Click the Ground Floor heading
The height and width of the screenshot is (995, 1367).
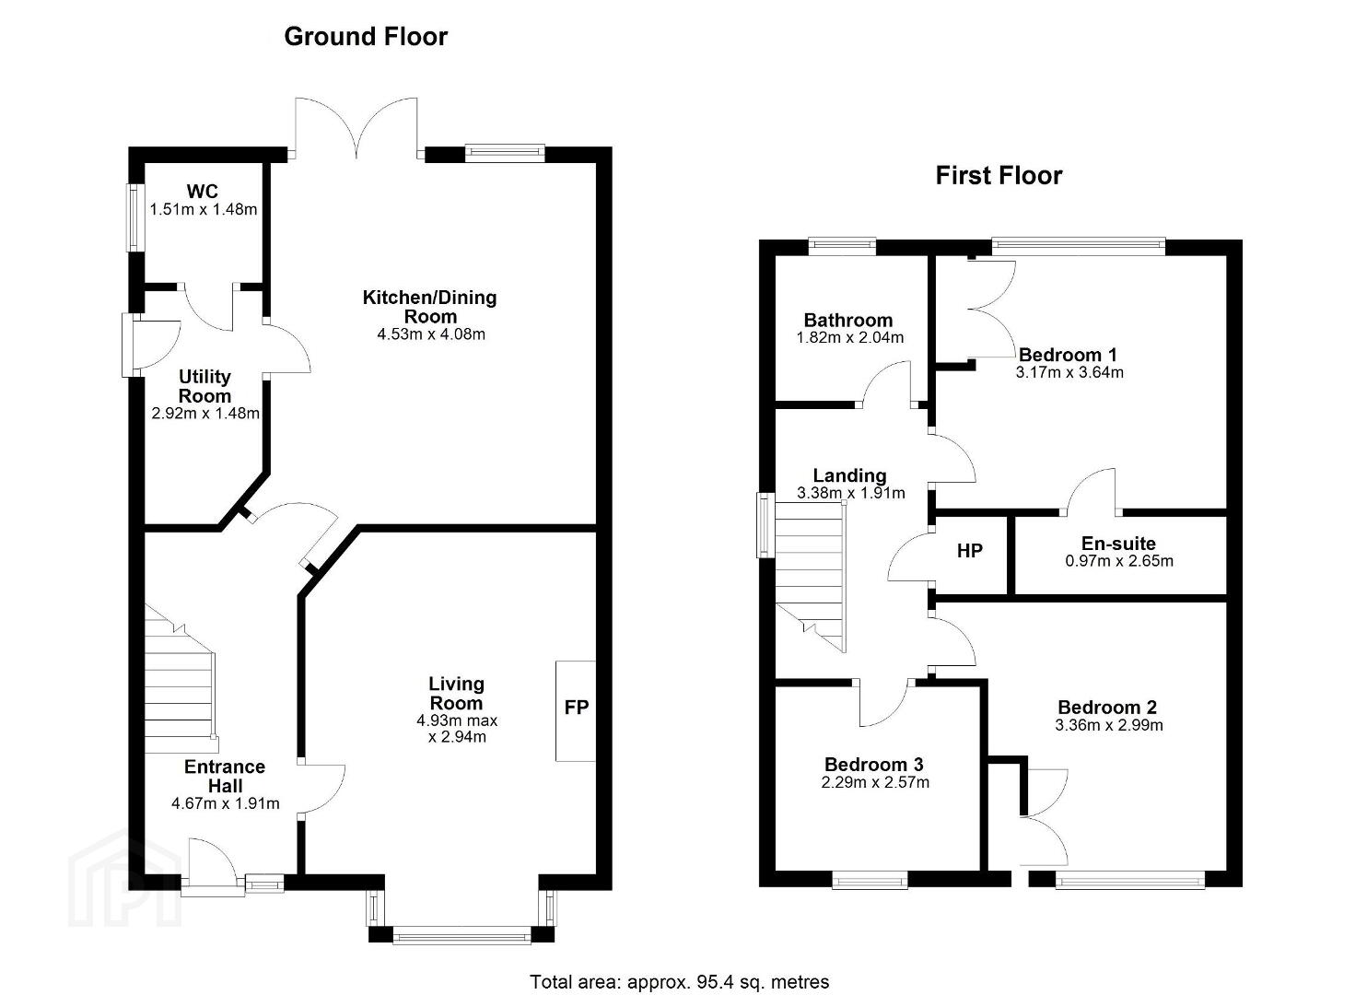coord(366,37)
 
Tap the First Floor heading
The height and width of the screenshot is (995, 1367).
coord(999,176)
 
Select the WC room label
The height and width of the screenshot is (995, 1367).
coord(202,192)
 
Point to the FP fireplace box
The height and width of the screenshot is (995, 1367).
coord(576,711)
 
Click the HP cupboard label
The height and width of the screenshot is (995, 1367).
coord(970,551)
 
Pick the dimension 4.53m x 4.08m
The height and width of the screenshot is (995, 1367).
coord(431,334)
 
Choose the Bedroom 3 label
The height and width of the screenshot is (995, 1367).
coord(873,765)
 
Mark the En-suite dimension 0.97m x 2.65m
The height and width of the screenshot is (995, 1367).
coord(1118,561)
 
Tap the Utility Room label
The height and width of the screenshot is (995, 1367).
coord(204,386)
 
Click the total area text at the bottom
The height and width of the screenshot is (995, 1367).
coord(679,982)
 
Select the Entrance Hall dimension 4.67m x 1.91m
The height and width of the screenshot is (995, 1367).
coord(225,804)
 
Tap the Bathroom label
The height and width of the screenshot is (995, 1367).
coord(847,320)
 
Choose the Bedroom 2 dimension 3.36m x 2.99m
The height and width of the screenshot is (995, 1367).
coord(1108,725)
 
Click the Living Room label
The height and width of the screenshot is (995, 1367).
coord(457,694)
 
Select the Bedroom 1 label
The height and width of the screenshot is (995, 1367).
coord(1068,355)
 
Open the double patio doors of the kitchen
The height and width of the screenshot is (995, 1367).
coord(356,128)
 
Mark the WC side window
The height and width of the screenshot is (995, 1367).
coord(132,217)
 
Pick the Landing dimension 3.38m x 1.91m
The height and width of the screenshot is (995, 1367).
coord(851,493)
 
